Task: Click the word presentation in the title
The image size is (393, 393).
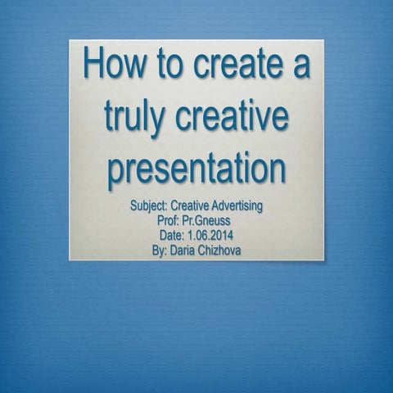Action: [196, 168]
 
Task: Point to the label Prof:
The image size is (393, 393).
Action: [168, 220]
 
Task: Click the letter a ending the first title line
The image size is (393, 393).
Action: [300, 65]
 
